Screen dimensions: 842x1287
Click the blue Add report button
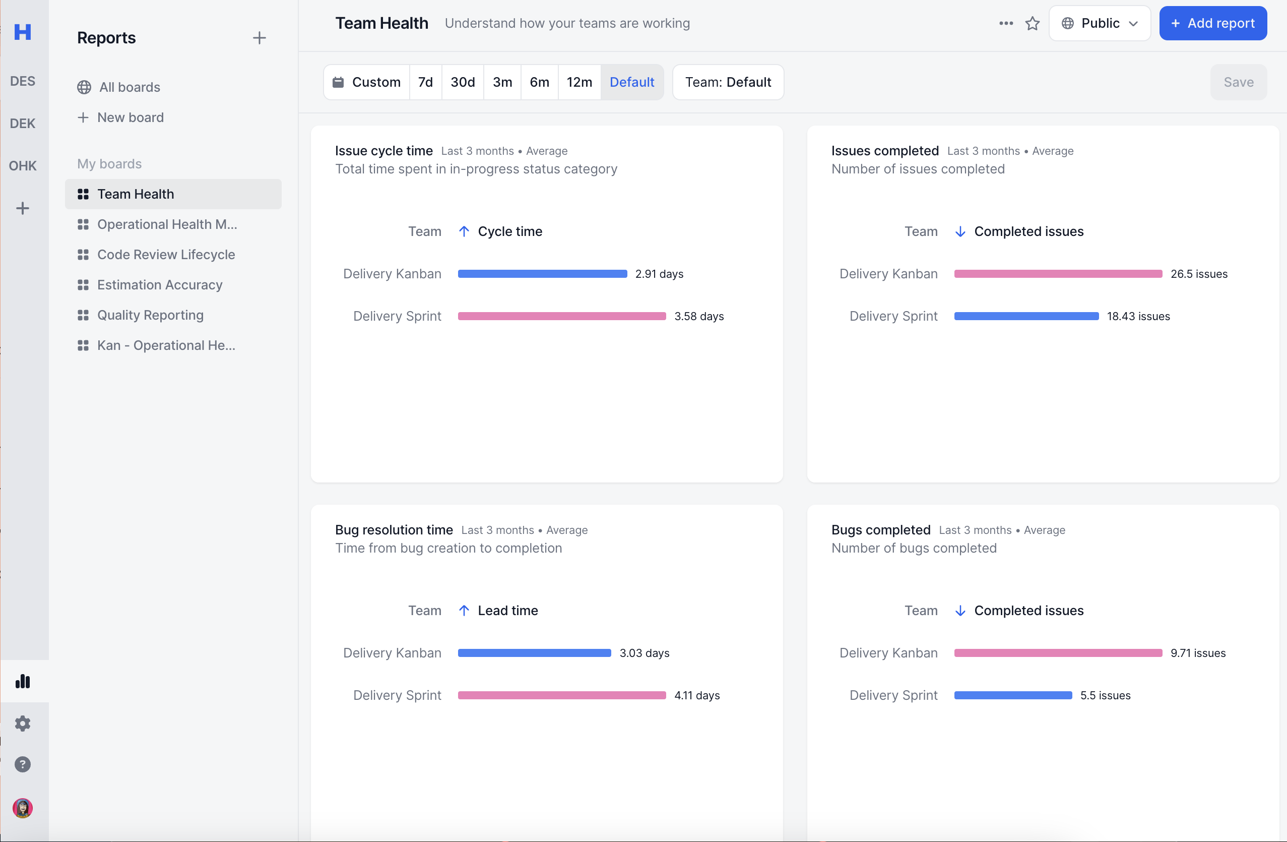(1212, 23)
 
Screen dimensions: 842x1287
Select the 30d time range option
(463, 82)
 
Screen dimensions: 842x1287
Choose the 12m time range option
(578, 82)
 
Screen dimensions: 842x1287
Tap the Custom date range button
(367, 82)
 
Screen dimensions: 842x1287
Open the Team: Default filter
(727, 82)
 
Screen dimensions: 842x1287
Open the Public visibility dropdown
(1099, 23)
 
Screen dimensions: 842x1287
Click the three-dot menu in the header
(1005, 23)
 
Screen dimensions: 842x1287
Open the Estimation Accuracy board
(160, 285)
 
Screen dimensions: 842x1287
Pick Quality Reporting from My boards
(150, 315)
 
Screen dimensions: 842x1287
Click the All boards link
(129, 87)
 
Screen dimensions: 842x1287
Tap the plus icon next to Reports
(259, 38)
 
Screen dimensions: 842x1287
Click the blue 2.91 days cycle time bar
(542, 274)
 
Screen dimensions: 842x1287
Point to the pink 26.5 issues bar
(1057, 274)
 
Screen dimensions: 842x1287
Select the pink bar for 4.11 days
(561, 695)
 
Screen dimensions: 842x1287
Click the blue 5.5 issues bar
(1012, 695)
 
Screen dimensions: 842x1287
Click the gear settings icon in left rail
(22, 724)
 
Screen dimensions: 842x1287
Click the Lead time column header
(507, 611)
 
